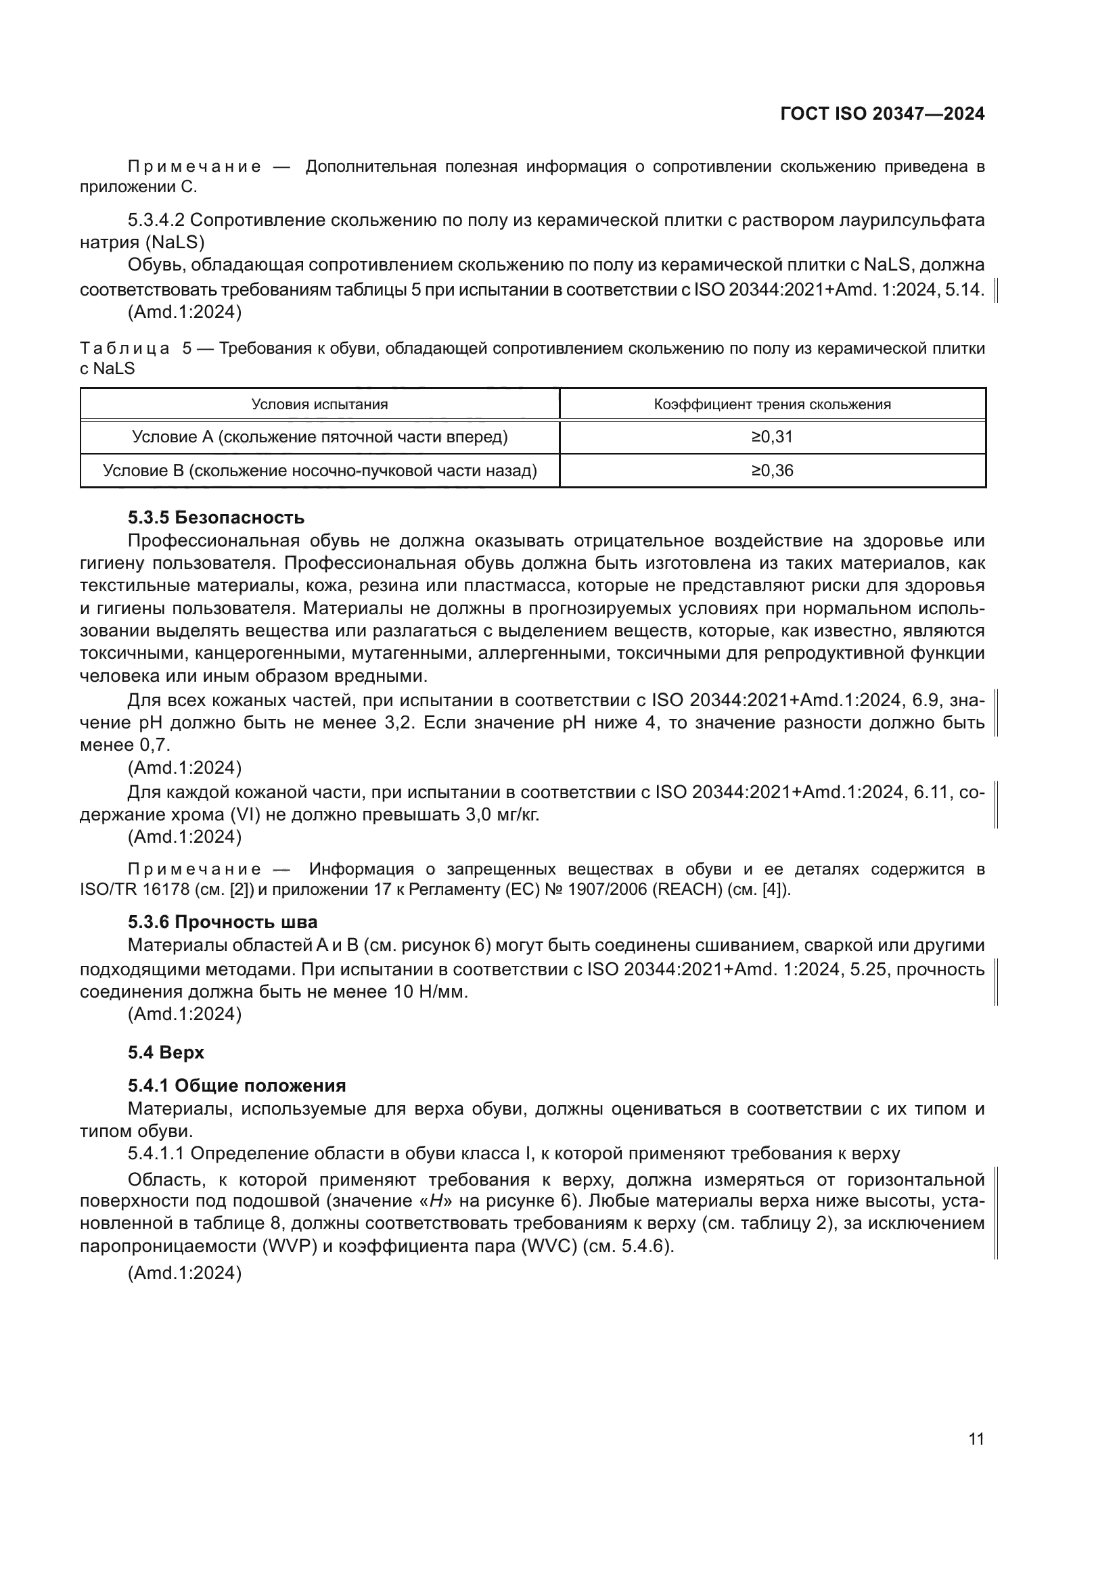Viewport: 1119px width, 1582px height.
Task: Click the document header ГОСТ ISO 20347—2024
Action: coord(882,114)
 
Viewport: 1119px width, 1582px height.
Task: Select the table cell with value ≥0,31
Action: coord(772,437)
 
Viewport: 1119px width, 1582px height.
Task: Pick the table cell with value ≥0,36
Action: coord(772,471)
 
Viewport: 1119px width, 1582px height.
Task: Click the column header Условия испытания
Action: coord(319,404)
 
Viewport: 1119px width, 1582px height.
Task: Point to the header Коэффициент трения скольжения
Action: coord(772,404)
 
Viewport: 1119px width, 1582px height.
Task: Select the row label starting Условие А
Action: coord(319,437)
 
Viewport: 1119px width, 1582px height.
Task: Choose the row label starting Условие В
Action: coord(319,471)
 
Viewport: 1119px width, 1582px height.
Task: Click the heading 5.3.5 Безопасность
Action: coord(216,517)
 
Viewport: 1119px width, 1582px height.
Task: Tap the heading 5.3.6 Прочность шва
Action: coord(222,922)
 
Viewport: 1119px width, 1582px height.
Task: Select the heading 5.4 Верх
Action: coord(165,1052)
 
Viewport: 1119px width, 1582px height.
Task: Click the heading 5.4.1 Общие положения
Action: coord(236,1086)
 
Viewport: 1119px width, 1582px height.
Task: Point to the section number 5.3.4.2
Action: coord(156,220)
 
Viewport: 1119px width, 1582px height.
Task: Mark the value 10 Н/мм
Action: coord(432,992)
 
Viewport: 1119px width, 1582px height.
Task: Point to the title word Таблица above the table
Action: coord(124,348)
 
